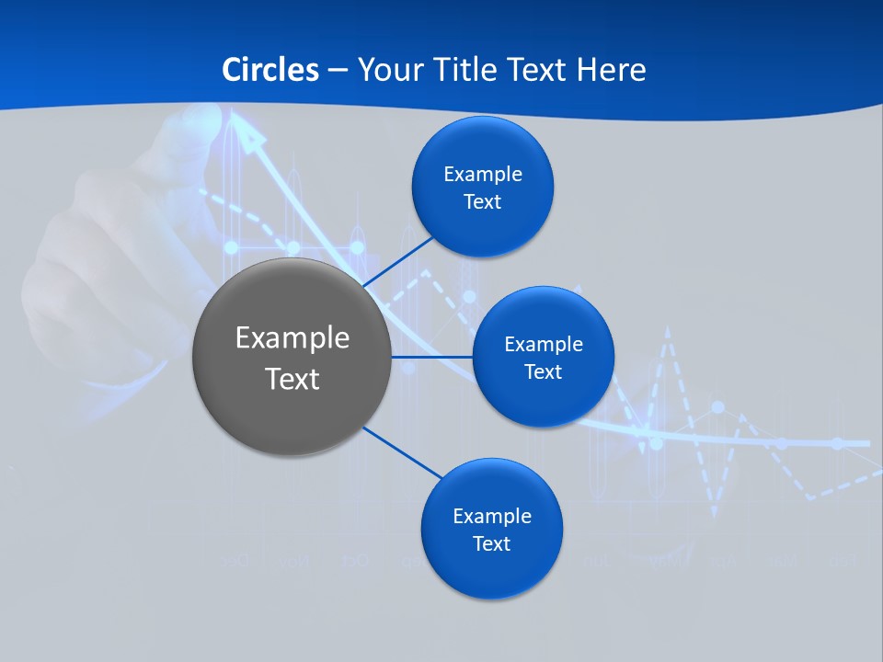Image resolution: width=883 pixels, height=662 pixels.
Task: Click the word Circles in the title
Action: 269,70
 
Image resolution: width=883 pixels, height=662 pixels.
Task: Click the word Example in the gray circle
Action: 292,337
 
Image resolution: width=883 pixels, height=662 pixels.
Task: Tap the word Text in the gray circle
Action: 292,379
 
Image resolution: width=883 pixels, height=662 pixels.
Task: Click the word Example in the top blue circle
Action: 482,174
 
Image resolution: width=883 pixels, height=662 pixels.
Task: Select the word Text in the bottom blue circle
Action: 491,543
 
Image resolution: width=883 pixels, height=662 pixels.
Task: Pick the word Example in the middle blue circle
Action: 543,344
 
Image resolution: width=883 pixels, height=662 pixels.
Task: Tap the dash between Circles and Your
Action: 338,71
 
